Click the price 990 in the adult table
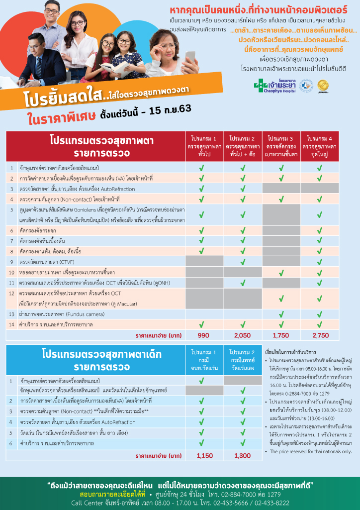[204, 336]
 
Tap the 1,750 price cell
[281, 336]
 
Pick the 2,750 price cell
[320, 336]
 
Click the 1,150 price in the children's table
[204, 455]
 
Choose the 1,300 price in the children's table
[242, 455]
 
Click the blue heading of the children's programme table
[94, 361]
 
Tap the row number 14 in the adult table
[11, 324]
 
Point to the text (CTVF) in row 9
[67, 262]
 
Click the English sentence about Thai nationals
[311, 451]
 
